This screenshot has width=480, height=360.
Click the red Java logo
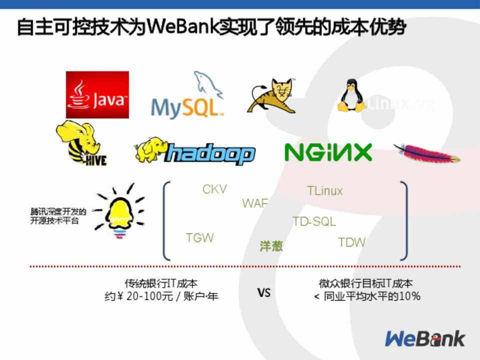coord(97,94)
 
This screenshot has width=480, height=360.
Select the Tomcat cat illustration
coord(271,95)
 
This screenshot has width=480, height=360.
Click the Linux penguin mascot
coord(351,95)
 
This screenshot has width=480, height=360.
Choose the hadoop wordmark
coord(210,153)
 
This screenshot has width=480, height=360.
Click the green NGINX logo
coord(328,152)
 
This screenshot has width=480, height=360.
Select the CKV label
coord(214,189)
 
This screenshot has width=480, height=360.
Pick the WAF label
coord(255,203)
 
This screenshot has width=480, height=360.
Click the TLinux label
coord(324,191)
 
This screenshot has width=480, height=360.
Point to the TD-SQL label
coord(314,221)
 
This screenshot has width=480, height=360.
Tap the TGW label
coord(199,238)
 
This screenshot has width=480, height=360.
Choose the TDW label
coord(351,243)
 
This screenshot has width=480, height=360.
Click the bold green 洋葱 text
coord(271,246)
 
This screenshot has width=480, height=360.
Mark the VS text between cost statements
coord(264,292)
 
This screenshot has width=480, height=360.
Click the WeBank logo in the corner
coord(424,338)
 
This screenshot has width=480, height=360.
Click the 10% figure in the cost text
coord(410,296)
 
